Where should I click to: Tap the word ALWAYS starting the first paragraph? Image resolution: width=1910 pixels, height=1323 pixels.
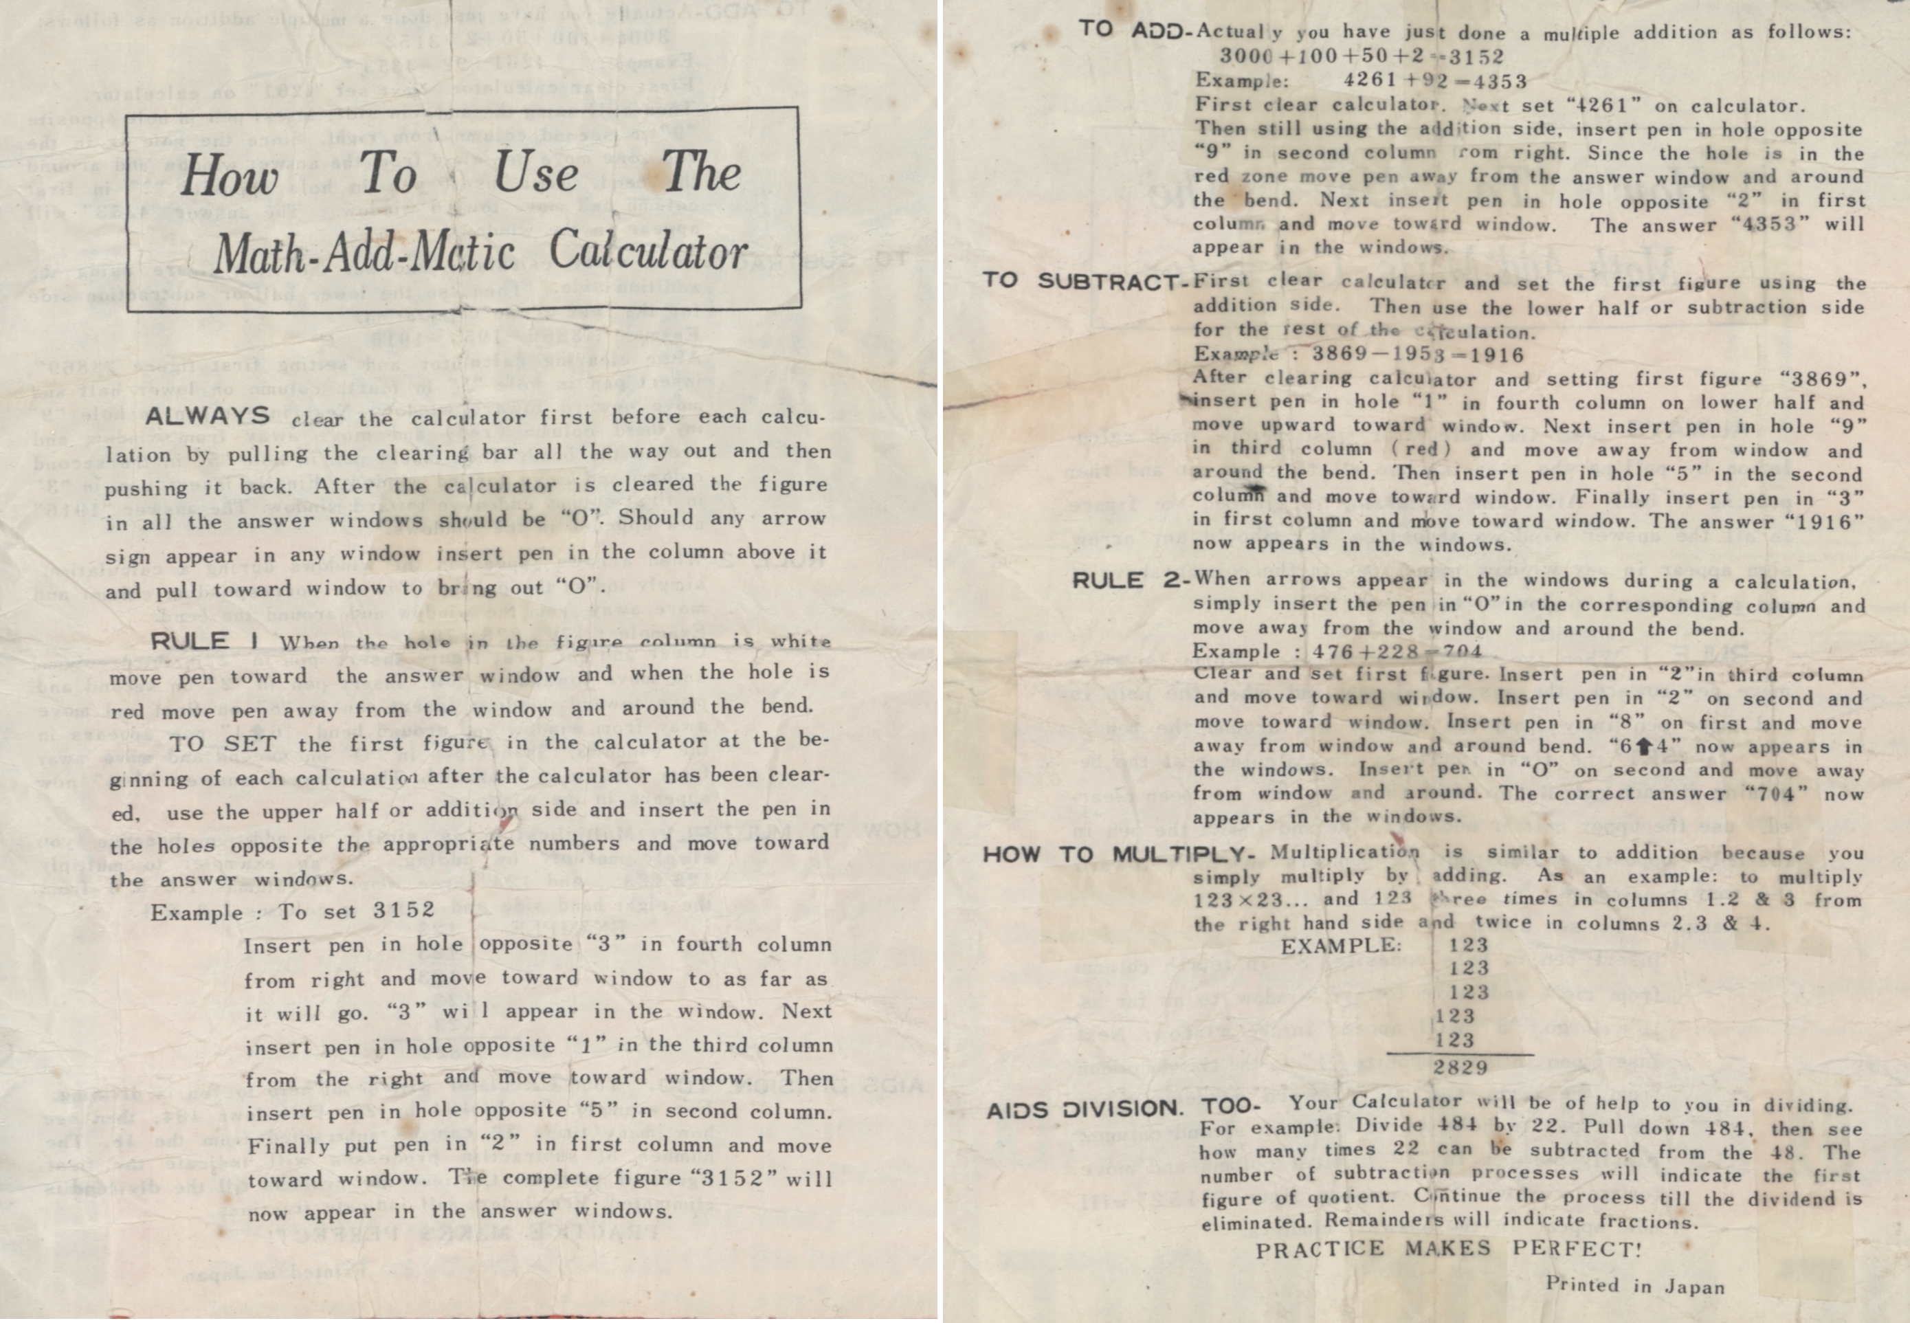pos(208,416)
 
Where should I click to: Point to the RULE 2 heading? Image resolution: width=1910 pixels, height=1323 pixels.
pos(1129,580)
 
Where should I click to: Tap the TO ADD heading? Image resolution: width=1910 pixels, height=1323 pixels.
pos(1135,32)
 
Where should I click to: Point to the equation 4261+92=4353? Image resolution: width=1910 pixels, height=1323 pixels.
pos(1435,81)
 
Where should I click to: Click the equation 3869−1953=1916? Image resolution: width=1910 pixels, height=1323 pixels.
pos(1419,355)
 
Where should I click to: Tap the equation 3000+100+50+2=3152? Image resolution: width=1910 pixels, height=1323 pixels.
pos(1362,56)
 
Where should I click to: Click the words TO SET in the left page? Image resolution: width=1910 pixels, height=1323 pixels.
pos(223,744)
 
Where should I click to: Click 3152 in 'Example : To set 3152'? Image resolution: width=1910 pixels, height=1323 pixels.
pos(403,910)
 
